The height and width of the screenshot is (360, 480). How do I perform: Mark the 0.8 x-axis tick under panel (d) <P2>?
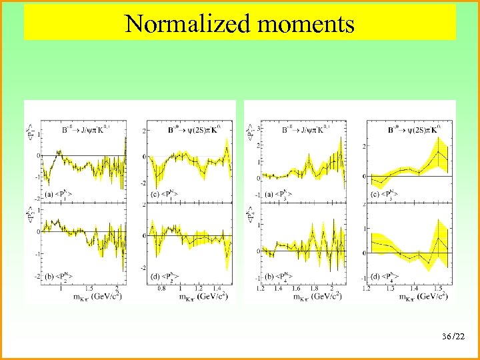[162, 288]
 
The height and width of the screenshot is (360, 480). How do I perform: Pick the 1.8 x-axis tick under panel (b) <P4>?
[313, 288]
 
